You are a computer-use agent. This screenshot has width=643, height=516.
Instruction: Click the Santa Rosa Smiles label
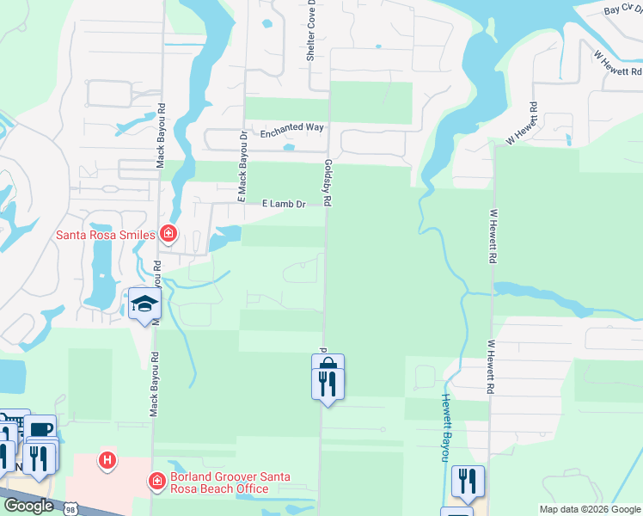point(105,234)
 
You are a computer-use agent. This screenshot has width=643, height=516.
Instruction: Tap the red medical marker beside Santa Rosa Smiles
point(168,233)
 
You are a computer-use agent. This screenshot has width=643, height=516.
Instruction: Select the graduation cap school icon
point(144,304)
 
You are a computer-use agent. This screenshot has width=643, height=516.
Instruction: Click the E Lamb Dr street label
point(284,204)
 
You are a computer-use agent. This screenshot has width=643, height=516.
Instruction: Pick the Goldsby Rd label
point(328,181)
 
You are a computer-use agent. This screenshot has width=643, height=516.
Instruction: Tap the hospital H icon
point(107,461)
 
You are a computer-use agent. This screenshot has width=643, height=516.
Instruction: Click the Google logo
point(28,506)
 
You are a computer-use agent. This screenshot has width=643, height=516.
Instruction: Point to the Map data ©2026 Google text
point(589,509)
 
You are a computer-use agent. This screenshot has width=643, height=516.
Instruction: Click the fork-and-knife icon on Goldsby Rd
point(328,383)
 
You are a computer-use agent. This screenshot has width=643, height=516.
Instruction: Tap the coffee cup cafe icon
point(39,429)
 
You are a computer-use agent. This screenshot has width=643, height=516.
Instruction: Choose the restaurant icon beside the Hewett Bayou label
point(468,480)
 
